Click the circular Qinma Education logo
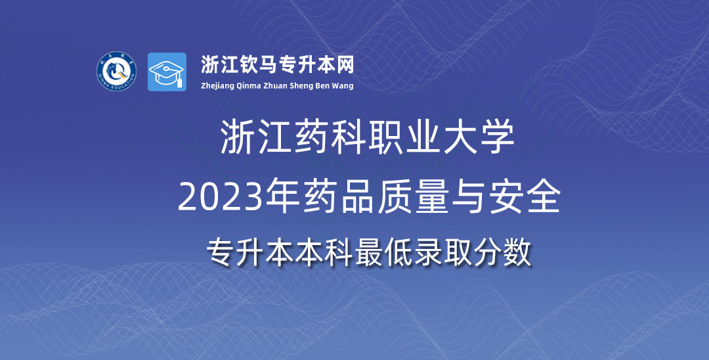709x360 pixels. [x=117, y=71]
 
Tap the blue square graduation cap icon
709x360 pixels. [x=167, y=72]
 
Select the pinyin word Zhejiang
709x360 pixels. [x=217, y=86]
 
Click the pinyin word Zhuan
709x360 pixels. [x=276, y=85]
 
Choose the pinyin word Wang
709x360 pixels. [x=343, y=86]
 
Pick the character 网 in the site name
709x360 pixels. [x=345, y=64]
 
